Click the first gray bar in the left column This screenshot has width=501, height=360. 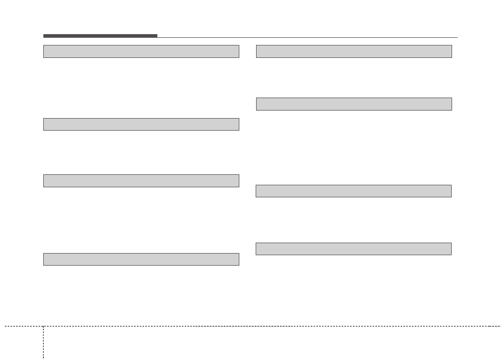coord(141,51)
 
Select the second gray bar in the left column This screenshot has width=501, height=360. coord(141,124)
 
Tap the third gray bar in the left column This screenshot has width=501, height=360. coord(141,181)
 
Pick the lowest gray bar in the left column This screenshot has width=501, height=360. coord(141,259)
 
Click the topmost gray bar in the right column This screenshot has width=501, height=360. coord(354,51)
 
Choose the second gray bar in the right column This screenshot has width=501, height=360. coord(354,104)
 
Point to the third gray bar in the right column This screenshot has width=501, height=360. coord(354,191)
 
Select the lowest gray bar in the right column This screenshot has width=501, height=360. coord(354,249)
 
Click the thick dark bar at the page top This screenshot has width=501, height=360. coord(100,36)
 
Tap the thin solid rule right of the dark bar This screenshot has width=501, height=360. coord(308,37)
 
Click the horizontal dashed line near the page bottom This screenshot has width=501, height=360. coord(273,326)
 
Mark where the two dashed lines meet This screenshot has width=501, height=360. coord(43,326)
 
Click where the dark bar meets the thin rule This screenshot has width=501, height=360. coord(157,37)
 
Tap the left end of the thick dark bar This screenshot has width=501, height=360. coord(44,36)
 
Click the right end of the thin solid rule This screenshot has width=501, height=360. coord(457,37)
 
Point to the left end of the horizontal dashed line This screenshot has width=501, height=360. coord(5,326)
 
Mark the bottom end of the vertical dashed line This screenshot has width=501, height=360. coord(43,358)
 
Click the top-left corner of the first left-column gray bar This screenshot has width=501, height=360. coord(44,45)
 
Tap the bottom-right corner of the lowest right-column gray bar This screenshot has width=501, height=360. coord(451,254)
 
